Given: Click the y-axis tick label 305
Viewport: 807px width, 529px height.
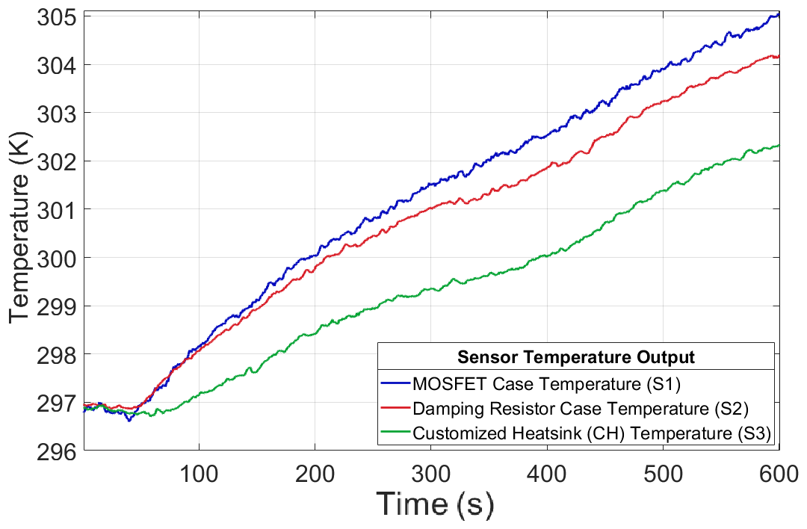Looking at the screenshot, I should [57, 17].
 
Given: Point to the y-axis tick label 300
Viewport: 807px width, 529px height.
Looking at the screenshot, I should [57, 258].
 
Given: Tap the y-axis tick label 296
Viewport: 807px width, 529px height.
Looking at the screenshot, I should [57, 451].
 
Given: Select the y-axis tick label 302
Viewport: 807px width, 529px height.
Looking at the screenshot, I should [57, 161].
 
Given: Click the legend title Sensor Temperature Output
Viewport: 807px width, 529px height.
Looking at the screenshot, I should [575, 356].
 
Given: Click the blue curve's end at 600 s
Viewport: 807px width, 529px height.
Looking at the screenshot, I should [779, 14].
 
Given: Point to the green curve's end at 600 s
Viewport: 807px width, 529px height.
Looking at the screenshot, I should [779, 145].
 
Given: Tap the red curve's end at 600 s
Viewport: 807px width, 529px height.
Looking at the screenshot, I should [779, 56].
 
